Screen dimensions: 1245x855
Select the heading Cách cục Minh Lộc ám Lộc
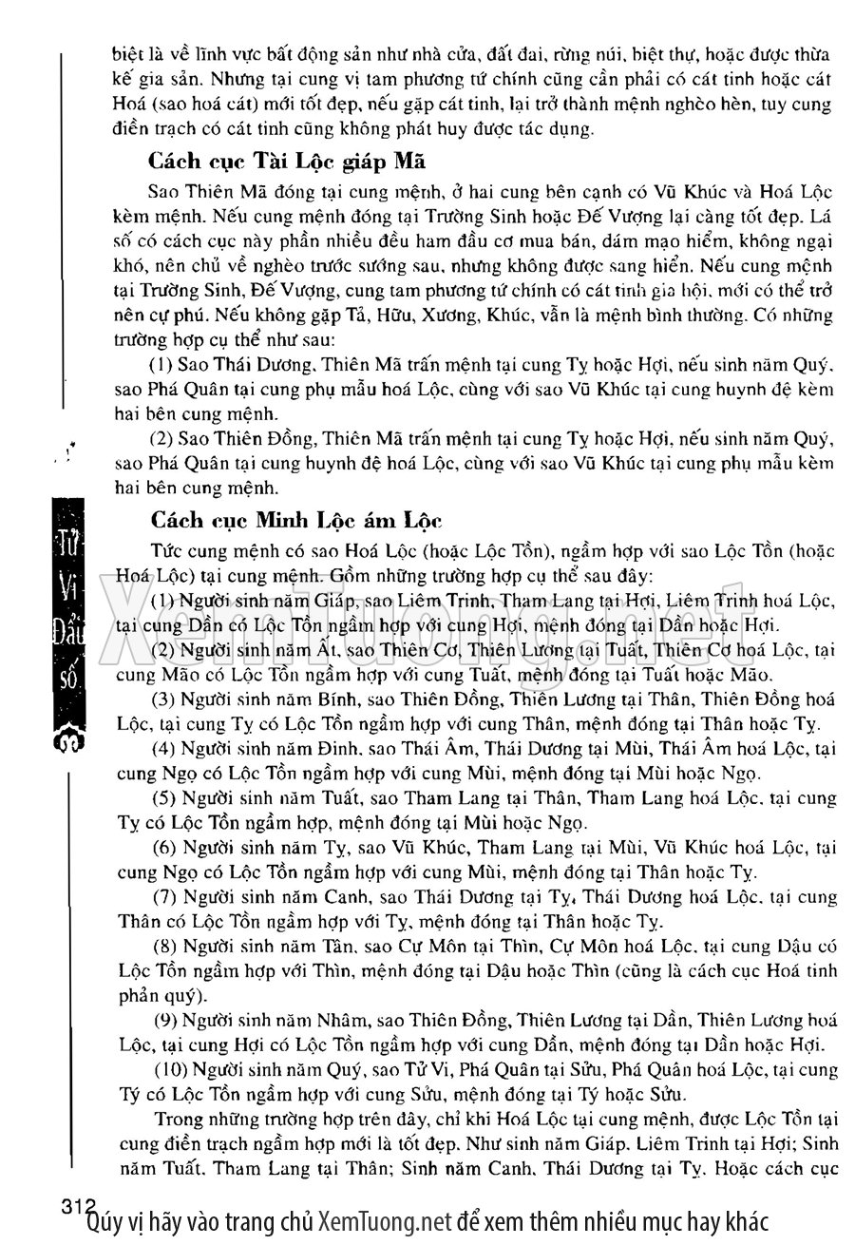[x=294, y=521]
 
